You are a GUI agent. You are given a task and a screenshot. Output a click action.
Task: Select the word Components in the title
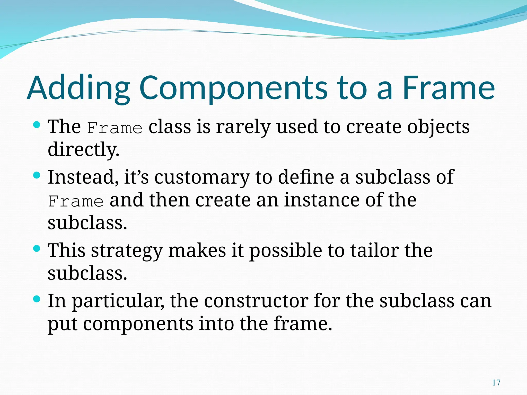click(233, 88)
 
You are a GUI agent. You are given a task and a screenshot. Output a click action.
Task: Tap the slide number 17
click(496, 383)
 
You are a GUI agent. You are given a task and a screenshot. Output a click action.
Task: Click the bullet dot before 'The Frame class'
click(37, 125)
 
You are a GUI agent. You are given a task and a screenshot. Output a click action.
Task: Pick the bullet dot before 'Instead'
click(37, 176)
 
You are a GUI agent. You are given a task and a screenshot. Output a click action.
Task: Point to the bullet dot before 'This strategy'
click(37, 248)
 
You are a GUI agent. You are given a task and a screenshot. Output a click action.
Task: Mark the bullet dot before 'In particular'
click(37, 299)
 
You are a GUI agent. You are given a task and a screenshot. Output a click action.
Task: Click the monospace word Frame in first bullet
click(115, 128)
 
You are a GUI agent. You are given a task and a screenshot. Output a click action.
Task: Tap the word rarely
click(243, 127)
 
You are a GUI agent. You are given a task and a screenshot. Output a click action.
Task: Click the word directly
click(83, 150)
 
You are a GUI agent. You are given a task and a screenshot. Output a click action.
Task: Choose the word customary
click(202, 177)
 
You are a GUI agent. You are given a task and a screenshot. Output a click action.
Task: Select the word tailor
click(375, 250)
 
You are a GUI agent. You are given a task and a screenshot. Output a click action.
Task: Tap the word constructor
click(256, 301)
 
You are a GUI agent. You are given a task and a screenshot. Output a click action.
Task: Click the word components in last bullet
click(138, 324)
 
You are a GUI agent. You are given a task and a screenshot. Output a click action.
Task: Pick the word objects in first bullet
click(438, 127)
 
